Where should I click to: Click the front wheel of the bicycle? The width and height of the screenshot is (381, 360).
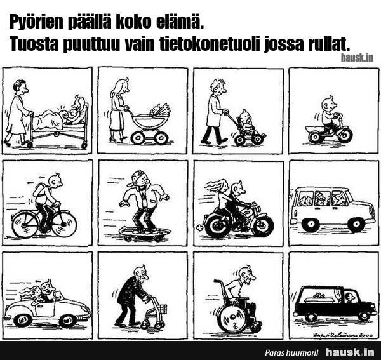(x=64, y=224)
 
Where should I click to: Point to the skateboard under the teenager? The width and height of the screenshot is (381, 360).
(x=144, y=233)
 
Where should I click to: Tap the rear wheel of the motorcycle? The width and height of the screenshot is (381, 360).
(x=217, y=226)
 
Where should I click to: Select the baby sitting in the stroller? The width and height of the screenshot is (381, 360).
(x=246, y=121)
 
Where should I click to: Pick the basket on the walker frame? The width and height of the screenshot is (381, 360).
(x=161, y=309)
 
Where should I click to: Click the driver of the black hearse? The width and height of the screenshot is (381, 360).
(x=350, y=298)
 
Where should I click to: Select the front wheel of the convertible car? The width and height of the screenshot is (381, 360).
(x=68, y=321)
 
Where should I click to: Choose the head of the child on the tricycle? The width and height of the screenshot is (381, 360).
(x=328, y=105)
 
